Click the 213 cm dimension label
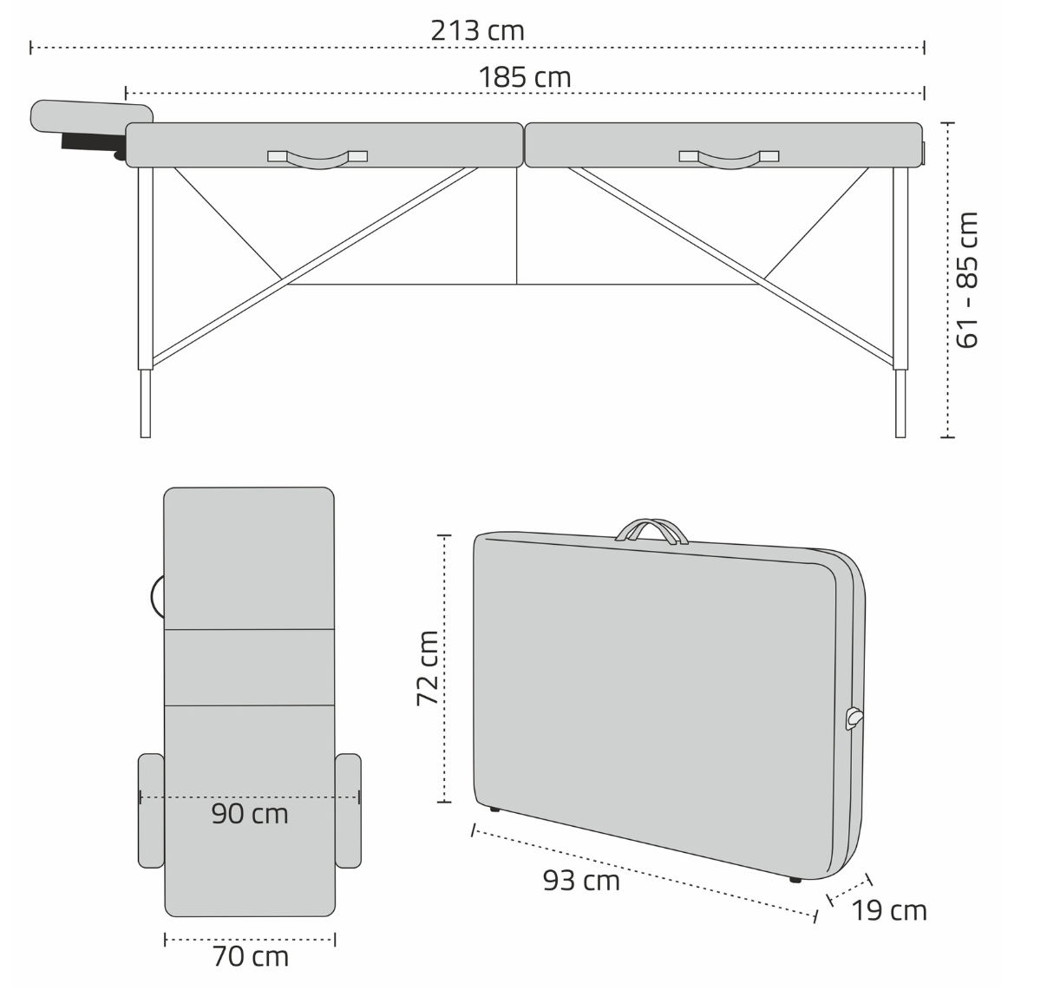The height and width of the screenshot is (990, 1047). coord(477,30)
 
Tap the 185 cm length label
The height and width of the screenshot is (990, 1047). coord(525,77)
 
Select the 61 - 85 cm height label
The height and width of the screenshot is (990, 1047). coord(967,279)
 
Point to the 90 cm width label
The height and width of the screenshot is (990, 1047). coord(250,814)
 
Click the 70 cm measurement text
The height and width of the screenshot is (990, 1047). coord(250,956)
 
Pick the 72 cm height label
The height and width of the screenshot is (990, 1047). coord(428,668)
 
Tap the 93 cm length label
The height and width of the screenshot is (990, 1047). coord(581,881)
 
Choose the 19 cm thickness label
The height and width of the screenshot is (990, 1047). coord(888,910)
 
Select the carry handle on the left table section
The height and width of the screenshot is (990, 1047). coord(317,159)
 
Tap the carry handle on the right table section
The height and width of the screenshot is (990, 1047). coord(729,159)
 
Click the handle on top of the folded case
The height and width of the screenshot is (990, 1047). coord(651,530)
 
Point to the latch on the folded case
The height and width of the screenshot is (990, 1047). coord(854,718)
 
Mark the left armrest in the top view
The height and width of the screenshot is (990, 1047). coord(151,810)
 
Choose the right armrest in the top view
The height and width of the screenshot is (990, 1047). coord(348,810)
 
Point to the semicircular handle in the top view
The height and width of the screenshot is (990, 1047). coord(158,596)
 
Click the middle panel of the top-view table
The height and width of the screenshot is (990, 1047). coord(249,666)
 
